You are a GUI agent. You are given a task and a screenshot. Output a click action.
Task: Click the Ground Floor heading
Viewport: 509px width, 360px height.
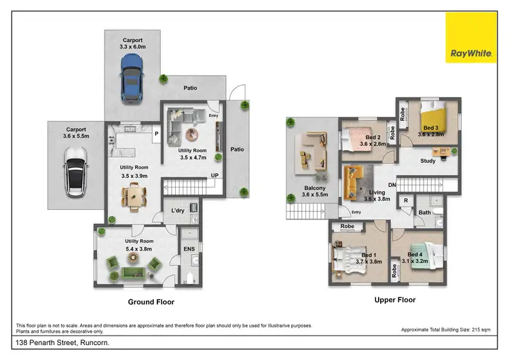[x=151, y=302]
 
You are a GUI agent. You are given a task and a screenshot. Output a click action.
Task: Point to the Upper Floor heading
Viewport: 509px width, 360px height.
[x=394, y=300]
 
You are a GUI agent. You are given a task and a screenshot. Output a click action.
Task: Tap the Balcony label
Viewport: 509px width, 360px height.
[x=314, y=188]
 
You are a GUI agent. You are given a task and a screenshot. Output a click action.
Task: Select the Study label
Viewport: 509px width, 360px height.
[x=428, y=161]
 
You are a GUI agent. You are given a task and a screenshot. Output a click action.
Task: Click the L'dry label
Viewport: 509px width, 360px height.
[x=178, y=211]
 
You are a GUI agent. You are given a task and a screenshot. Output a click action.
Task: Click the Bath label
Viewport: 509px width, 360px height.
[x=425, y=213]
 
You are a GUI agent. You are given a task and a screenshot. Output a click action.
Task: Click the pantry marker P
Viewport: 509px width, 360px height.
[x=156, y=134]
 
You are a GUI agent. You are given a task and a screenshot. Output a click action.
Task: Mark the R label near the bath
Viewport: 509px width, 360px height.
[x=406, y=201]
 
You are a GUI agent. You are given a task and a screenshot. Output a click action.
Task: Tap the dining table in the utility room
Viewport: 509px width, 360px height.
[x=133, y=197]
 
